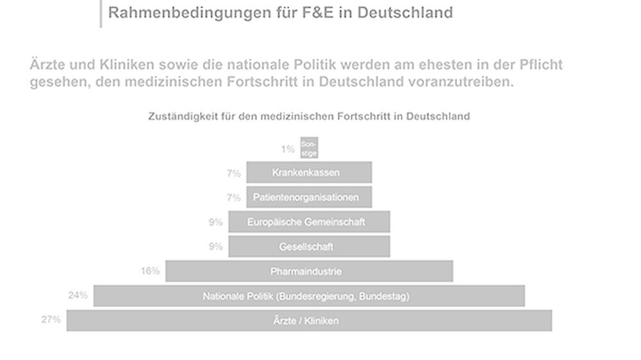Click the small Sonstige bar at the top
[x=309, y=148]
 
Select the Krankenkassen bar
[x=309, y=172]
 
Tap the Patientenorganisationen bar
[x=309, y=197]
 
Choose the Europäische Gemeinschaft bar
[x=309, y=222]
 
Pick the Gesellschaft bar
[x=309, y=246]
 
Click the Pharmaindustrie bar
[x=309, y=271]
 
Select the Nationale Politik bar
[x=309, y=296]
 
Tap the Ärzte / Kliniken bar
[x=309, y=320]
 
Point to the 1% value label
[x=288, y=149]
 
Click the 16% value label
[x=150, y=271]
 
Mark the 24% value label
[x=78, y=295]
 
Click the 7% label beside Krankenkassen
[x=233, y=173]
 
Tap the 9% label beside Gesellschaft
[x=215, y=246]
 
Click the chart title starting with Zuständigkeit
[x=309, y=117]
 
